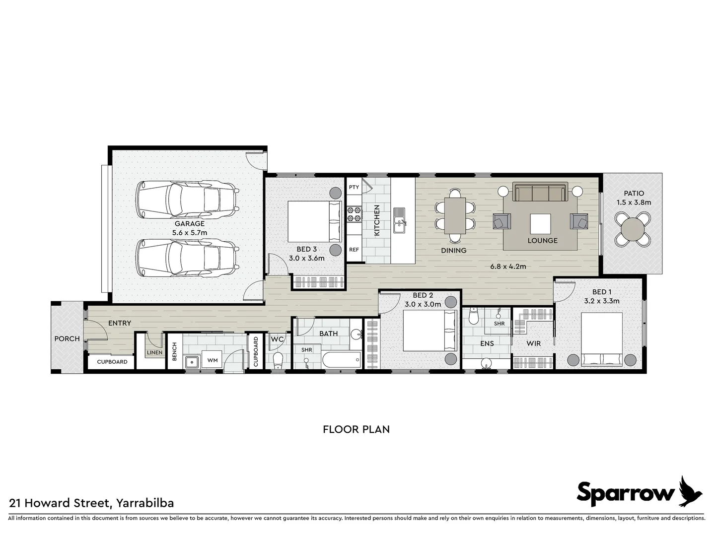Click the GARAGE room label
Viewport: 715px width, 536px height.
tap(189, 224)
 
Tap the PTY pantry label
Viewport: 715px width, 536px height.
tap(354, 187)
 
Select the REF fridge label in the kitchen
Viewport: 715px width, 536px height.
tap(354, 250)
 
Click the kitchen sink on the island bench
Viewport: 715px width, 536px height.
tap(399, 221)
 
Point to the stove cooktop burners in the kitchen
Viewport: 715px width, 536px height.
tap(354, 214)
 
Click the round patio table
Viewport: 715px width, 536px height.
tap(633, 229)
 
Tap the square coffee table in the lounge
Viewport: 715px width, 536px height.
tap(540, 224)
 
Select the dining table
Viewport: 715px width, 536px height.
tap(455, 215)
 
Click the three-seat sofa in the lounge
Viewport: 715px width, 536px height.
tap(540, 193)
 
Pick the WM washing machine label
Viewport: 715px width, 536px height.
tap(213, 360)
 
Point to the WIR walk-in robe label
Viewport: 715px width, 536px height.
tap(533, 343)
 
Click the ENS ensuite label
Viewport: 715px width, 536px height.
tap(487, 343)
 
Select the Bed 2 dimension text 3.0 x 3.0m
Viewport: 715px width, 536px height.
tap(422, 304)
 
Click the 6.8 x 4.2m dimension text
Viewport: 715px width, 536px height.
tap(508, 266)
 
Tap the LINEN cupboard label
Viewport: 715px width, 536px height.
tap(154, 353)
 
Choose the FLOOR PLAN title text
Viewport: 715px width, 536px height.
tap(356, 429)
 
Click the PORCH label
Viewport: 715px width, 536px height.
tap(67, 338)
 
